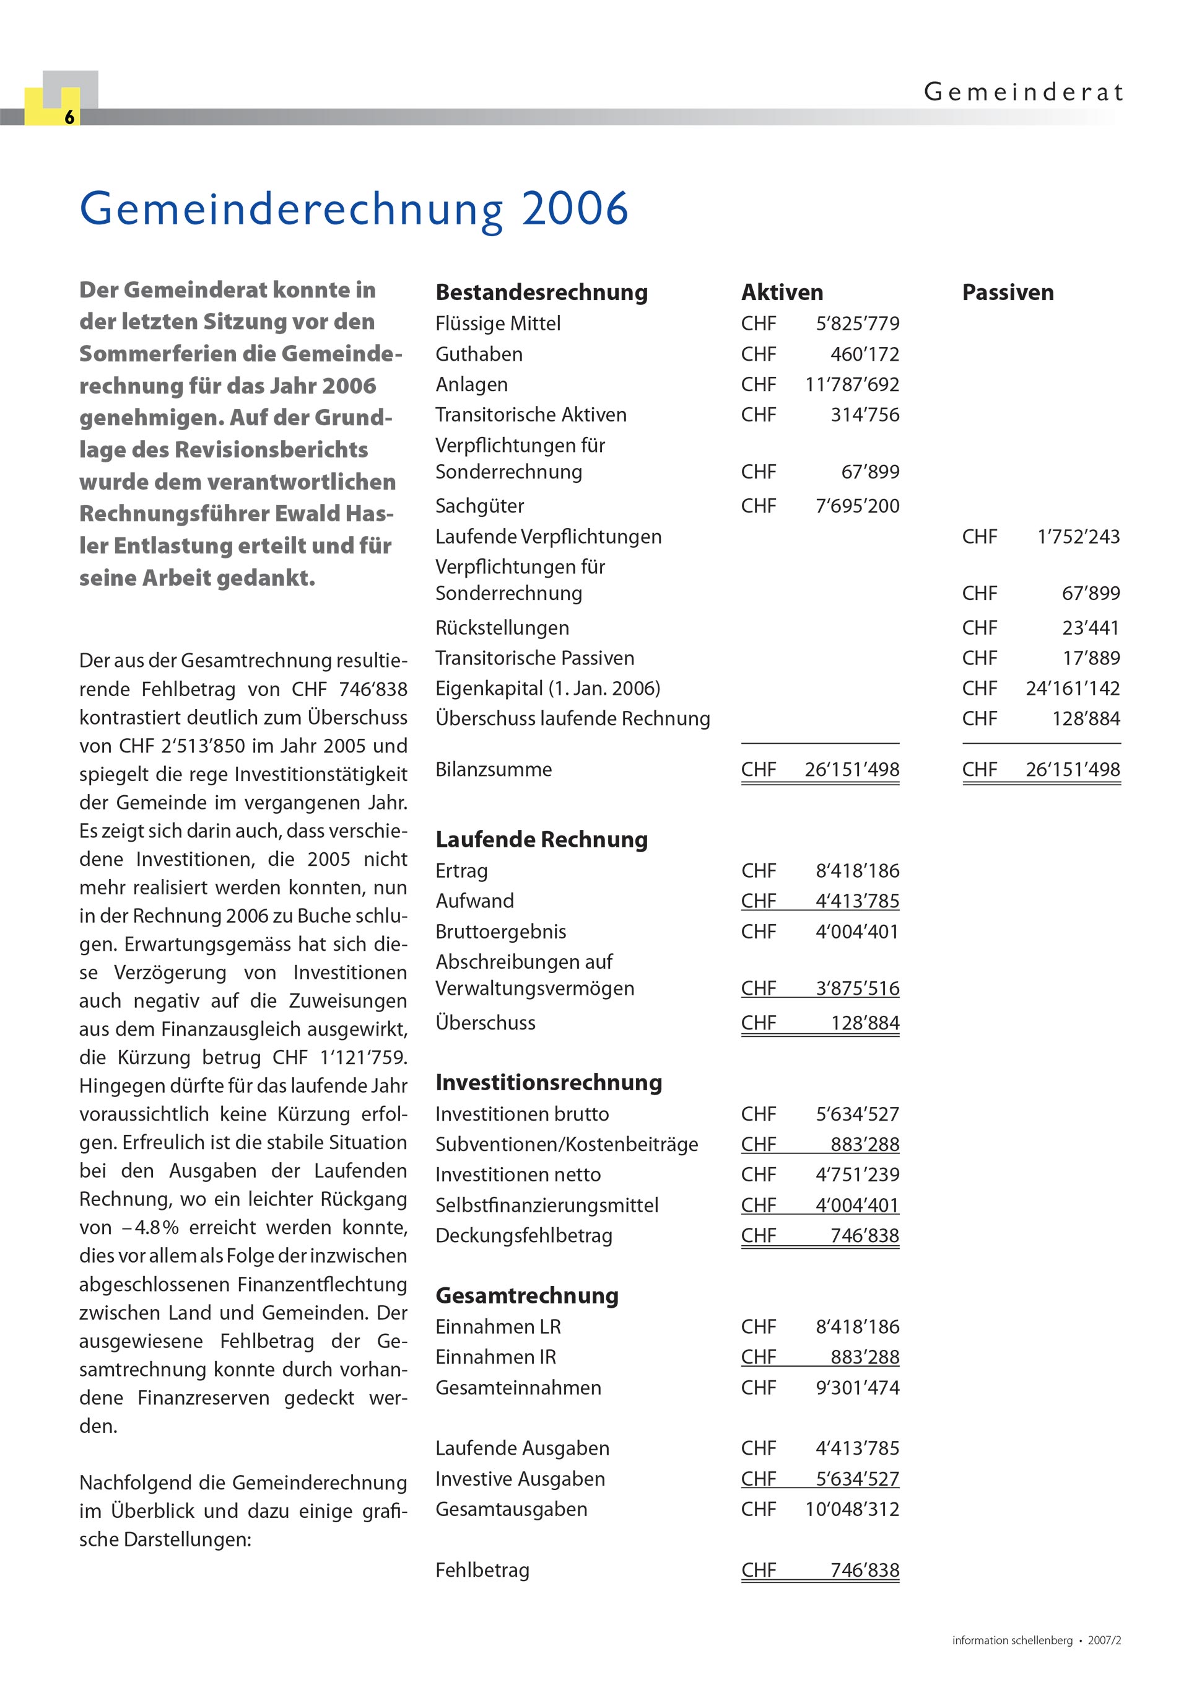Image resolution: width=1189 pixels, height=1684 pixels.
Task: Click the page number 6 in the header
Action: pos(69,117)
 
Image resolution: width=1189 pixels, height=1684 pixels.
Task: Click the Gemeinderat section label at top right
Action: pos(1022,92)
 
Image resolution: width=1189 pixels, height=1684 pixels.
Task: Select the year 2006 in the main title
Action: pos(575,208)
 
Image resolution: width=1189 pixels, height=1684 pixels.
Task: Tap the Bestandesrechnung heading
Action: pos(541,293)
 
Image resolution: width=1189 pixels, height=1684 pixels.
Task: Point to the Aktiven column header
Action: pos(782,293)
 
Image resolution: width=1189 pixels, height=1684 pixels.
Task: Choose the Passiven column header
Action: pos(1007,293)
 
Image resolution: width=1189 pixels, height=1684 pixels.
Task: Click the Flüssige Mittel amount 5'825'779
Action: pos(857,324)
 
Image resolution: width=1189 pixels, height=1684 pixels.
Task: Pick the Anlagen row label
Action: pos(471,384)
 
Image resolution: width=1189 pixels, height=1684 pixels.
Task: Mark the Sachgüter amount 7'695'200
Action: pos(857,506)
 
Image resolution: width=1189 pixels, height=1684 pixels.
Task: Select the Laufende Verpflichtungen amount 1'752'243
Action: pos(1078,537)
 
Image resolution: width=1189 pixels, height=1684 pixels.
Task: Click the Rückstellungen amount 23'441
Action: pos(1090,628)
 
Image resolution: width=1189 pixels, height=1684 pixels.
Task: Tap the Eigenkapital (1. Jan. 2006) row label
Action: pos(547,689)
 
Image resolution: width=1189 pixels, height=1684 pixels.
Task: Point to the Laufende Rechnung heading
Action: pos(541,840)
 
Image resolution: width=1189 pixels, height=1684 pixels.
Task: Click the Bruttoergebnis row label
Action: pos(500,932)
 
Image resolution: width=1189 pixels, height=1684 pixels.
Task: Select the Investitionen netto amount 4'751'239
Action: pos(857,1175)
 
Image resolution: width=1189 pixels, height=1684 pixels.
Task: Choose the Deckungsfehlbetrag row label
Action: pos(523,1236)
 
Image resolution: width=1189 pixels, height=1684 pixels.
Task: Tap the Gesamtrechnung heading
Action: pos(526,1296)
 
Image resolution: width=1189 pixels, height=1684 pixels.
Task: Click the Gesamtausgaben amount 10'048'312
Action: pos(851,1509)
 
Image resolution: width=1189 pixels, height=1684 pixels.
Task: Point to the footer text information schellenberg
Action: pos(1012,1641)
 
